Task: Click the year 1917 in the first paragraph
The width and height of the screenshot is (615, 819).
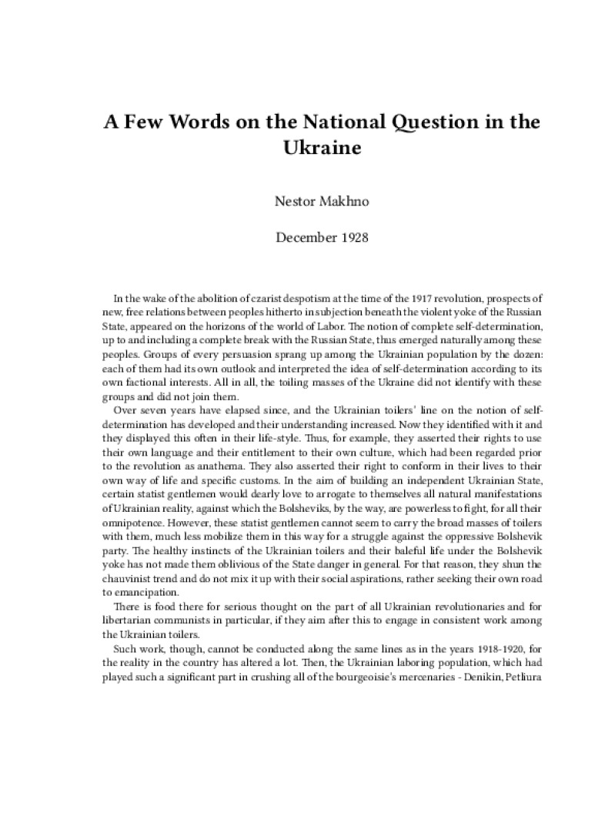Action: tap(417, 298)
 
